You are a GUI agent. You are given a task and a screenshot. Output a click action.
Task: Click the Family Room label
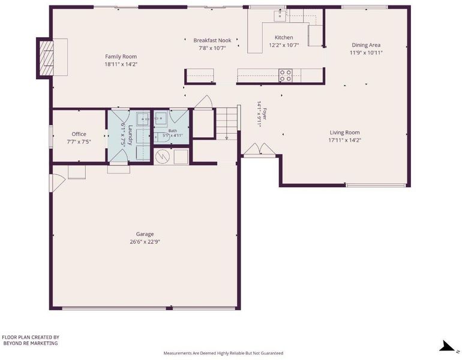121,56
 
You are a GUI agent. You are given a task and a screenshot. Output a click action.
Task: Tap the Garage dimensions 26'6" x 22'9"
145,242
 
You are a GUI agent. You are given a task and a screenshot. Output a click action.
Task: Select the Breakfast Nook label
212,40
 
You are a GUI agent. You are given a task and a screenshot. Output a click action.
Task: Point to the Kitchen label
284,37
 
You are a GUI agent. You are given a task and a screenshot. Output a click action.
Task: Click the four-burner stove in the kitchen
286,75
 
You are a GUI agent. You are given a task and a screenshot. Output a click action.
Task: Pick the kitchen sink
280,16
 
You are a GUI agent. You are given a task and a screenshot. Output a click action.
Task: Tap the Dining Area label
366,45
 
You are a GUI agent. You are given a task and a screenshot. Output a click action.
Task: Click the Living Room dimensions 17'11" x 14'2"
345,140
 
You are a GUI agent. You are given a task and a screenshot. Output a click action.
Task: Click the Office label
79,134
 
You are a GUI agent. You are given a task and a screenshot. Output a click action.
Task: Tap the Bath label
173,131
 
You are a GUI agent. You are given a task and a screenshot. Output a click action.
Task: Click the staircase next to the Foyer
227,124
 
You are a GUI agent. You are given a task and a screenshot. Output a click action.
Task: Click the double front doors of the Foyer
260,149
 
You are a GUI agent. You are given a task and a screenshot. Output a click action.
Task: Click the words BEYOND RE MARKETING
31,343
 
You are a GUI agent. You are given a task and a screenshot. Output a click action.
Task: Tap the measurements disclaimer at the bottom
223,353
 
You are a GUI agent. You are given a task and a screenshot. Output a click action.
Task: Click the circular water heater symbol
161,157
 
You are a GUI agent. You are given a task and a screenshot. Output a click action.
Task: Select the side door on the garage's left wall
56,182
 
